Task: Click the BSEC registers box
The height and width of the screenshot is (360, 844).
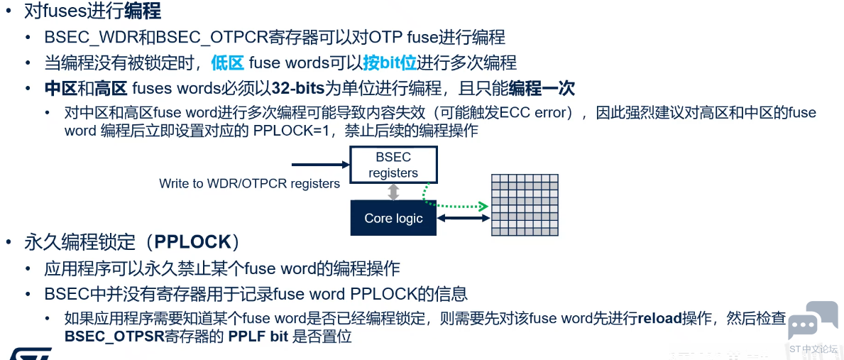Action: click(393, 165)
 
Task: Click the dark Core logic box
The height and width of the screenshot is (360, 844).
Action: click(393, 218)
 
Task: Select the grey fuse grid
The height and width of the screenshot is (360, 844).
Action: click(525, 205)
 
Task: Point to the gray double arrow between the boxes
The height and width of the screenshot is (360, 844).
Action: click(393, 192)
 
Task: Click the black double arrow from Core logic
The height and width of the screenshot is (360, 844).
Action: click(463, 218)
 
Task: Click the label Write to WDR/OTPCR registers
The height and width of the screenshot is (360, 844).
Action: click(250, 183)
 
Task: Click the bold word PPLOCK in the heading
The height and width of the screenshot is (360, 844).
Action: click(192, 242)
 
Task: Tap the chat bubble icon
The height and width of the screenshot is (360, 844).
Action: click(812, 321)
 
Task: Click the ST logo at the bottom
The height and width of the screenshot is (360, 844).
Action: click(30, 354)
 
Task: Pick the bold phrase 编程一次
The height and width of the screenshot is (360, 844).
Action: click(542, 89)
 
